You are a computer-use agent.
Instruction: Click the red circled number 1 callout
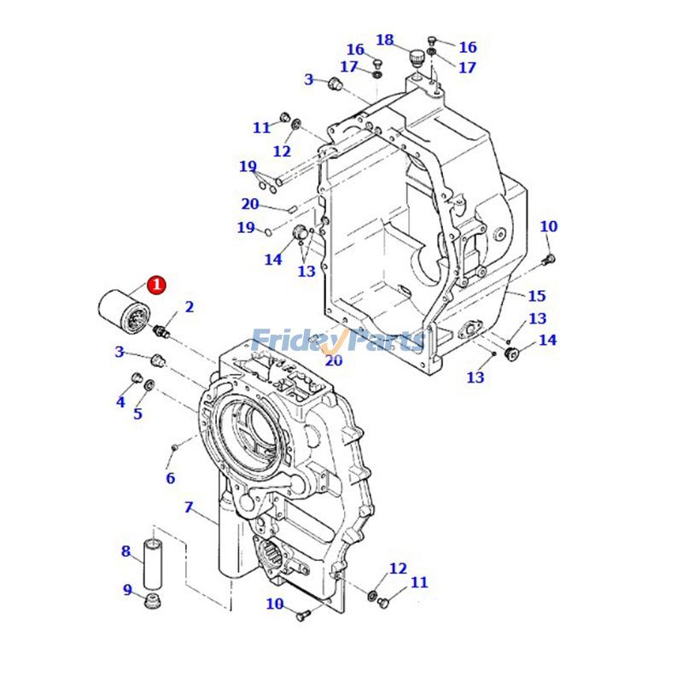point(157,285)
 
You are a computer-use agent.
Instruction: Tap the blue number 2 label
point(189,307)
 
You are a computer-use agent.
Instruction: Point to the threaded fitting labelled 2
point(164,329)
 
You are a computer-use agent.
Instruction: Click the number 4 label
point(120,401)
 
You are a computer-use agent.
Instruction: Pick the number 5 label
point(137,414)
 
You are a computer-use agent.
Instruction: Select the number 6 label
point(170,478)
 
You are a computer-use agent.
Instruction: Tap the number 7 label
point(189,507)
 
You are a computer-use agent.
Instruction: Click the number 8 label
point(126,552)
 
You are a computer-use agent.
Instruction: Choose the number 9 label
point(127,590)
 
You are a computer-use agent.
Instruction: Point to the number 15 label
point(536,296)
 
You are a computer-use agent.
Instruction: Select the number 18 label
point(385,40)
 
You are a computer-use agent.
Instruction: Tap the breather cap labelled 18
point(416,57)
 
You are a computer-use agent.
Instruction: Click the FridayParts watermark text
point(338,341)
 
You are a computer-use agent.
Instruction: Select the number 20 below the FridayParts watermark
point(333,361)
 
